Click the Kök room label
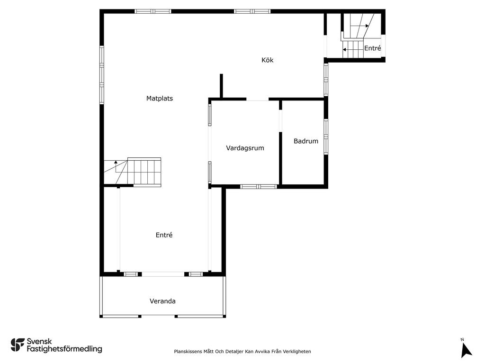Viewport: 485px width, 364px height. coord(267,60)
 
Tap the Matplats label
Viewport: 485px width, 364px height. coord(160,99)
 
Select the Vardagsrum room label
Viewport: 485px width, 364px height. coord(245,148)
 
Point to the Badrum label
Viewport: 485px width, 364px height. coord(306,141)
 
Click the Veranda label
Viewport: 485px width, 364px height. coord(163,301)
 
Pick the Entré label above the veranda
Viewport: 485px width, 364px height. coord(164,235)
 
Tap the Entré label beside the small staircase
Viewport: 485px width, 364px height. coord(372,48)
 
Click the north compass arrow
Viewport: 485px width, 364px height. coord(466,350)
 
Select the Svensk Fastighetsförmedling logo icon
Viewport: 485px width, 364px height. coord(18,345)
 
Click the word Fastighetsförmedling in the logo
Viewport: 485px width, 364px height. coord(64,349)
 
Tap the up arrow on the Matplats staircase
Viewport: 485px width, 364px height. coord(116,166)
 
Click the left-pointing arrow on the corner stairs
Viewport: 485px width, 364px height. coord(350,49)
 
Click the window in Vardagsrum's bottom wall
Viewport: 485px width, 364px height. coord(259,186)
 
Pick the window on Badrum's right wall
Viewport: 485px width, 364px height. coord(326,136)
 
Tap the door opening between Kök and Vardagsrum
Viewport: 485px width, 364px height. coord(257,100)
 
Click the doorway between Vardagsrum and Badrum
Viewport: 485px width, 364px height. coord(280,121)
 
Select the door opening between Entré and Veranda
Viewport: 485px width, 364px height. coord(163,274)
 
